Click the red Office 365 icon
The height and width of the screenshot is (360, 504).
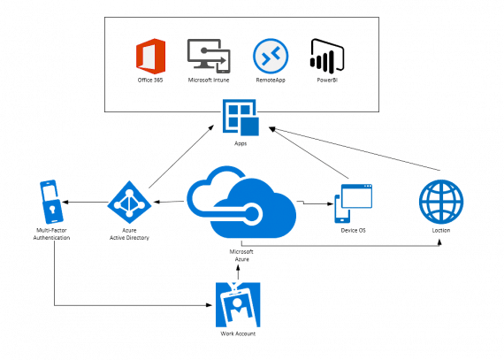[150, 57]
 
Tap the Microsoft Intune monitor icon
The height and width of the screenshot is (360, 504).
[209, 57]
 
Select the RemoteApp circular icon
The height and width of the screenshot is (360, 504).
[271, 56]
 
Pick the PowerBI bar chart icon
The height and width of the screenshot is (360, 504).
[327, 57]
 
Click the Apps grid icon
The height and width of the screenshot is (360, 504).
[241, 118]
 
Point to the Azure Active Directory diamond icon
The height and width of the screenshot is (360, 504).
[129, 203]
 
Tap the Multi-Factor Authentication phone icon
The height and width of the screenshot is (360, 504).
[51, 202]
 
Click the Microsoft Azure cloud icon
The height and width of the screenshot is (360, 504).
[241, 202]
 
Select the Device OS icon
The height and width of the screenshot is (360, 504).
[354, 203]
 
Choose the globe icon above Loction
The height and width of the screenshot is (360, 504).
[441, 202]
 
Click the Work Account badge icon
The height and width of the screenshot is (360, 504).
[238, 304]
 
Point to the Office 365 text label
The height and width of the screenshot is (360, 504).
[150, 80]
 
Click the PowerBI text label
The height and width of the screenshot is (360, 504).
[327, 80]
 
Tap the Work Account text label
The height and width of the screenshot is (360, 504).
[238, 333]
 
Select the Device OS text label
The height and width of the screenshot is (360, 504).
[354, 230]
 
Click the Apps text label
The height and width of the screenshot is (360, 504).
[241, 143]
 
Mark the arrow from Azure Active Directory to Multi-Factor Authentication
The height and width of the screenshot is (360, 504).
[85, 203]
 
